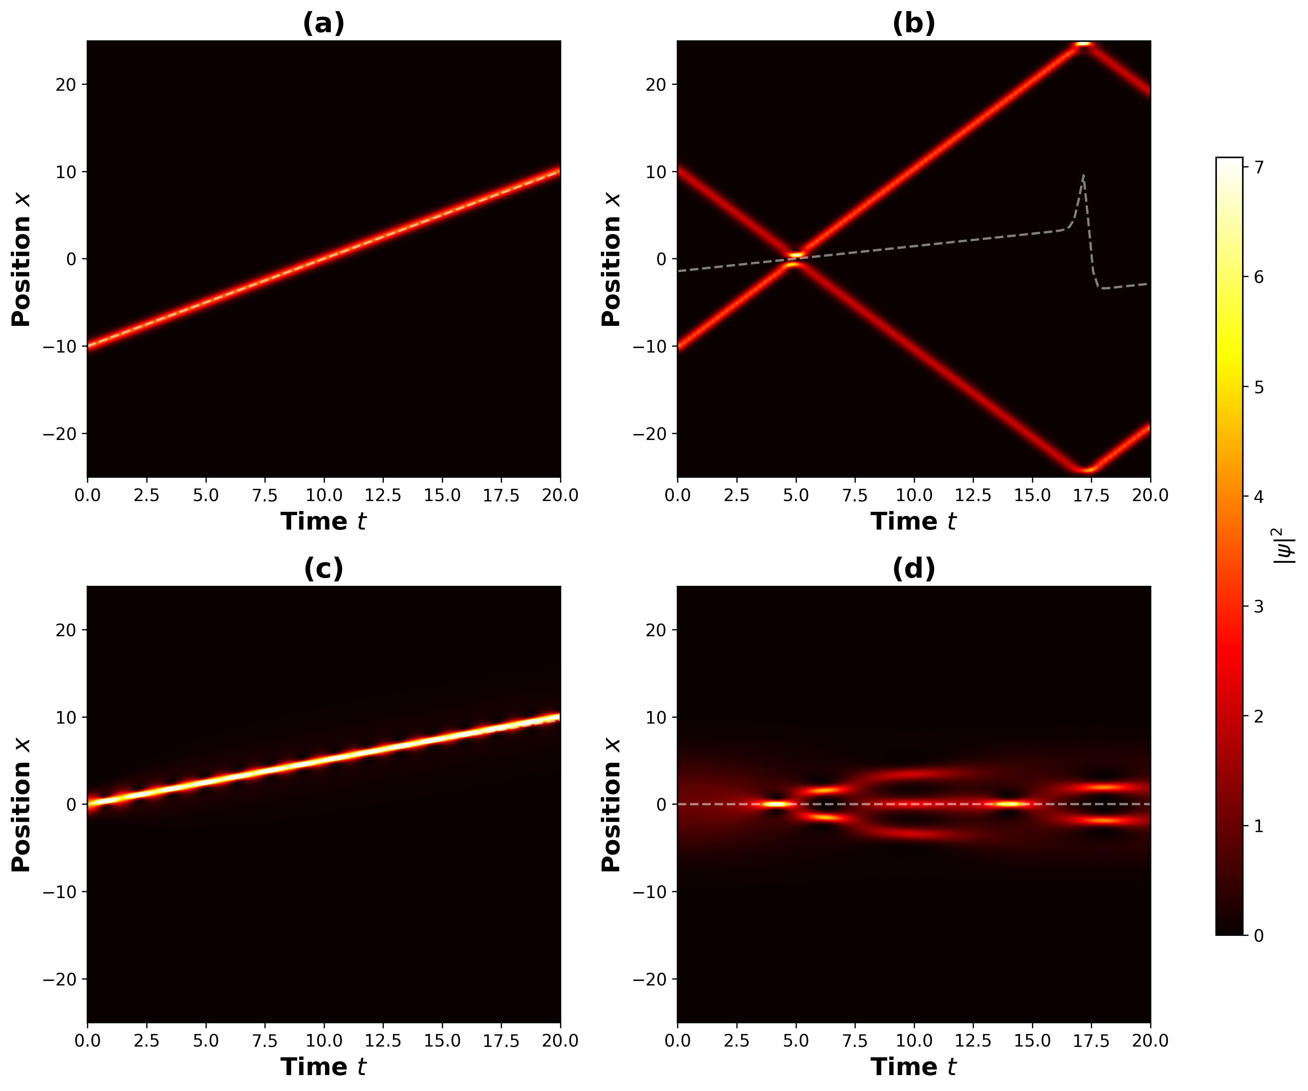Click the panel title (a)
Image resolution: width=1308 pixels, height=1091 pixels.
pyautogui.click(x=323, y=24)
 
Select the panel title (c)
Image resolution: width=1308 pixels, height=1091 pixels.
pyautogui.click(x=323, y=568)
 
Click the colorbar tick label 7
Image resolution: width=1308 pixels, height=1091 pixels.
pyautogui.click(x=1258, y=167)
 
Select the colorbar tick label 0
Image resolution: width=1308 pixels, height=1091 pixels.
pyautogui.click(x=1258, y=936)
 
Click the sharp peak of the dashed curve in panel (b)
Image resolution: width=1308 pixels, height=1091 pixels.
pyautogui.click(x=1084, y=176)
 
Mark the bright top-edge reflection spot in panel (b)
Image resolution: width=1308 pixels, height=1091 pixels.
pyautogui.click(x=1084, y=44)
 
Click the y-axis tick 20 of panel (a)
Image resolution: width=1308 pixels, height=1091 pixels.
pyautogui.click(x=66, y=85)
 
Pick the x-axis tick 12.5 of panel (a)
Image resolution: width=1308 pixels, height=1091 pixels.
pyautogui.click(x=382, y=495)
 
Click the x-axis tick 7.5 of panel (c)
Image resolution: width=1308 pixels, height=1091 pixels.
pyautogui.click(x=264, y=1041)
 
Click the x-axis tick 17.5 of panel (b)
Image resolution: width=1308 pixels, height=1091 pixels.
pyautogui.click(x=1091, y=495)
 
